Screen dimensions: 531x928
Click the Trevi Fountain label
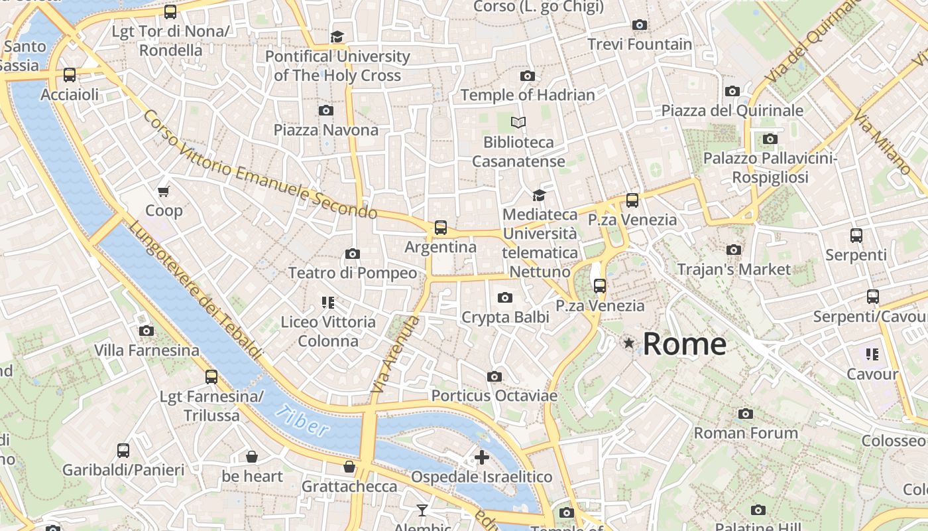[x=639, y=44]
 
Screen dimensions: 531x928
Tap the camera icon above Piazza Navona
[x=326, y=110]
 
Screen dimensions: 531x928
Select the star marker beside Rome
[x=628, y=343]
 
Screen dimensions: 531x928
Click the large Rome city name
[x=684, y=344]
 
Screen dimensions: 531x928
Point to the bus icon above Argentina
[x=441, y=228]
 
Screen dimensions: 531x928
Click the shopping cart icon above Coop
[x=164, y=192]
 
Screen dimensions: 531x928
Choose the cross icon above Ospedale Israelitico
[x=482, y=457]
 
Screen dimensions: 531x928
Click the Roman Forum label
[x=746, y=433]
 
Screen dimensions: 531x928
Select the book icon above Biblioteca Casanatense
[x=518, y=123]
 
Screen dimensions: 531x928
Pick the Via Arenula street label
[x=396, y=354]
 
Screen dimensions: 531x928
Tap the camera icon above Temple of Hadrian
[x=528, y=76]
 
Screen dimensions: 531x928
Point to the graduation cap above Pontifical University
[x=337, y=37]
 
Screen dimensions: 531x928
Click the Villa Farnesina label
[x=146, y=350]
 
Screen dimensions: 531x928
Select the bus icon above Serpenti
[x=856, y=235]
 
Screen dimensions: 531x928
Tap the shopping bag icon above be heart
[x=252, y=457]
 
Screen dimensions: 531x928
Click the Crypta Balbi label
[x=505, y=317]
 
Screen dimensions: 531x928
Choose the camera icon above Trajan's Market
[x=734, y=250]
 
